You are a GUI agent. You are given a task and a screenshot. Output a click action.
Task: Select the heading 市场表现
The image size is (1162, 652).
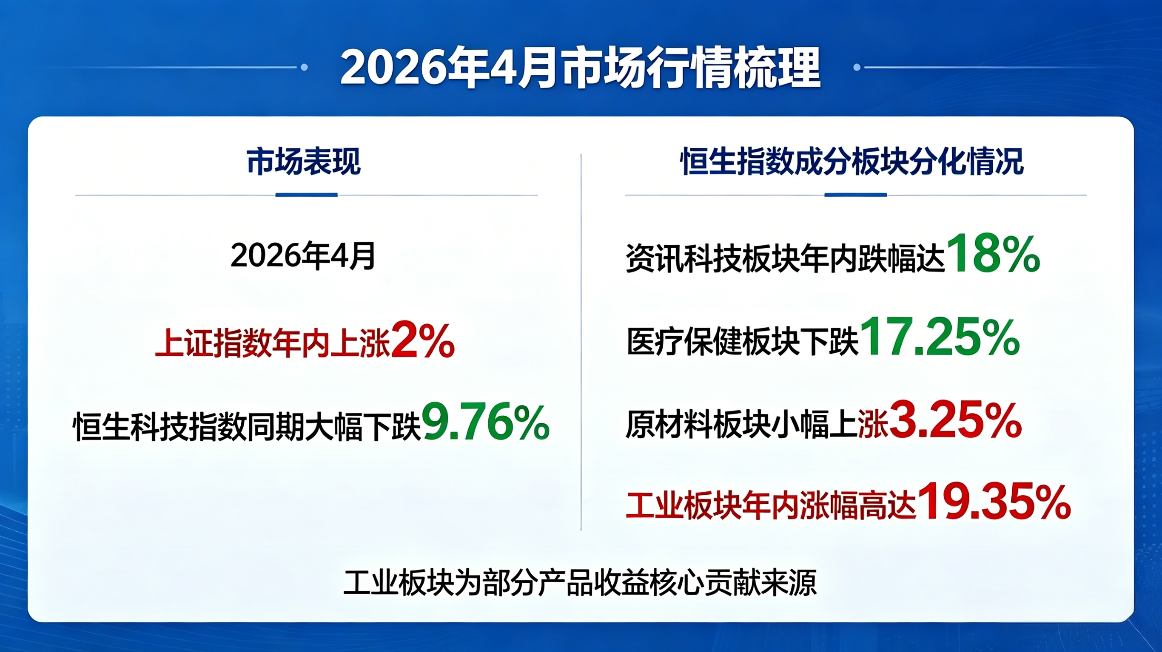click(x=304, y=162)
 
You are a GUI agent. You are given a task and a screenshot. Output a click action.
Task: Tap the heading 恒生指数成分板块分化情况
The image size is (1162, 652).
click(x=852, y=162)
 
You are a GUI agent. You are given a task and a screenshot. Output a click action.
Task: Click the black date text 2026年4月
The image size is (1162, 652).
click(x=303, y=256)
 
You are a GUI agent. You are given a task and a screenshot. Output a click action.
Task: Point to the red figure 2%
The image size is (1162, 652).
click(x=423, y=341)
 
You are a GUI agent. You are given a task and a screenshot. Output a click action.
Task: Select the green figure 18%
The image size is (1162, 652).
click(x=993, y=254)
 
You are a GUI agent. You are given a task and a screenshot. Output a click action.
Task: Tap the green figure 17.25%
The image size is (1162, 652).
click(x=940, y=336)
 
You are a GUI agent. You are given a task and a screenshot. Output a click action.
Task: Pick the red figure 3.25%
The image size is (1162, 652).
click(x=955, y=420)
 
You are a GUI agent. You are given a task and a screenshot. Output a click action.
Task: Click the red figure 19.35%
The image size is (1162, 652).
click(x=994, y=502)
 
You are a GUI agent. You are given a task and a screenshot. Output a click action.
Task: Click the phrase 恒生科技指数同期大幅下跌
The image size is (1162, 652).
click(x=247, y=426)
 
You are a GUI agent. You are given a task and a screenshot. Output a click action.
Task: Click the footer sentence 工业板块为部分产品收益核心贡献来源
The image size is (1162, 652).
click(x=580, y=583)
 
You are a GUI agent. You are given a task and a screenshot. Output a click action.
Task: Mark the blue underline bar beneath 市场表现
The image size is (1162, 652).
click(x=306, y=195)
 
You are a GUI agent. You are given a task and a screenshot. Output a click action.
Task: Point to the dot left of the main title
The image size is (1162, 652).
click(x=304, y=67)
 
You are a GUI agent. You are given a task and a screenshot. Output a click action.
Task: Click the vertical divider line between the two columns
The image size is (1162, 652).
click(x=581, y=342)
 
